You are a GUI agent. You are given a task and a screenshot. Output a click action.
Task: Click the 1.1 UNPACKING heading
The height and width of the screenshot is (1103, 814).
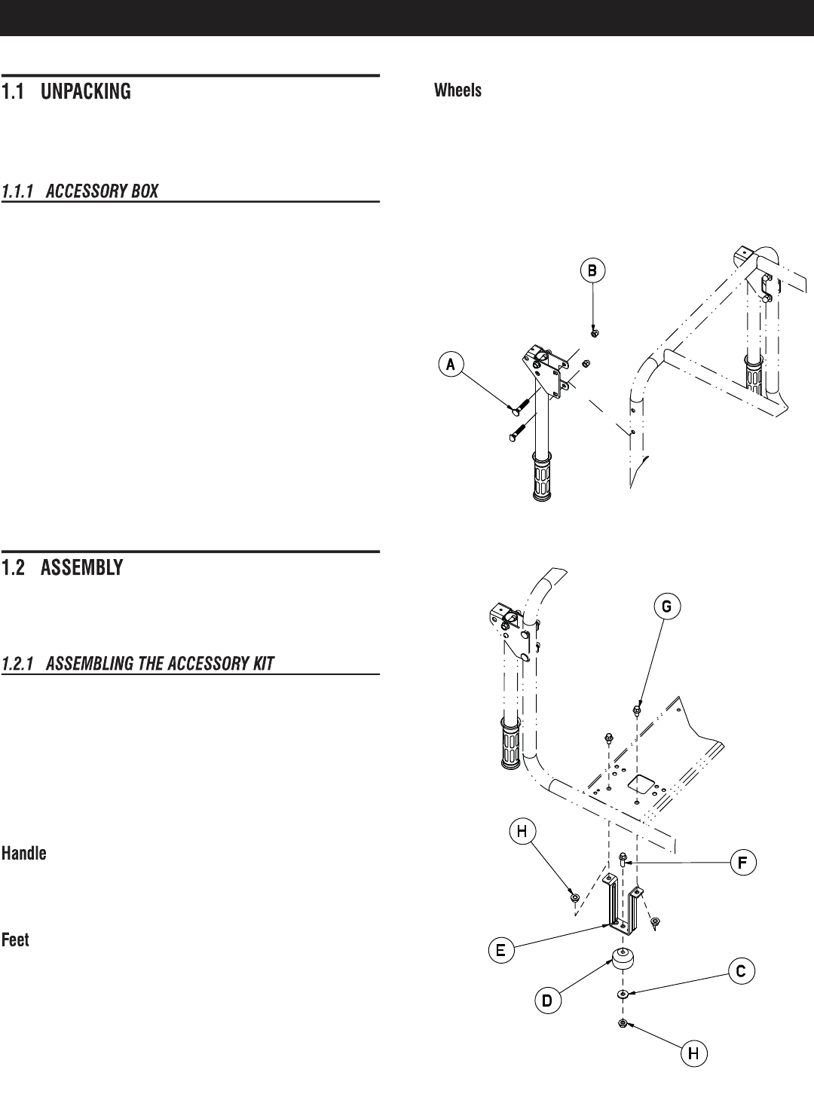coord(66,92)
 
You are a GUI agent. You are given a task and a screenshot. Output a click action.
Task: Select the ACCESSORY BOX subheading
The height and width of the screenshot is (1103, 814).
coord(80,191)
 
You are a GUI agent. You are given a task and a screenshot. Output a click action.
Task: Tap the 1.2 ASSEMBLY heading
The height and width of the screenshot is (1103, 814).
coord(63,568)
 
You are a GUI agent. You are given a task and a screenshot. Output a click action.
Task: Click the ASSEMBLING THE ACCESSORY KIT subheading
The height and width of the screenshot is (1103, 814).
coord(138,664)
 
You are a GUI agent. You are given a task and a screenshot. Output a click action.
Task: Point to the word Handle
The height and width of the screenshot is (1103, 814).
coord(24,854)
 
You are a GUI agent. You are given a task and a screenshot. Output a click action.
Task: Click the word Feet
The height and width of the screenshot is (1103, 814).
coord(16,940)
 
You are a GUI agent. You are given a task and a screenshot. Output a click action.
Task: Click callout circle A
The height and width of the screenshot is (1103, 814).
coord(451,365)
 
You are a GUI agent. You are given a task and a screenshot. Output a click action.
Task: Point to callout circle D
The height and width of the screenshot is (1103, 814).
coord(548,1001)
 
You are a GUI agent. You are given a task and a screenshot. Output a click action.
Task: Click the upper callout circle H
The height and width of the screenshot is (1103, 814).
coord(522,831)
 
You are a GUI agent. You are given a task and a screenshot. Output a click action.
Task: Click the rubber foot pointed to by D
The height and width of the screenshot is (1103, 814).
coord(623,962)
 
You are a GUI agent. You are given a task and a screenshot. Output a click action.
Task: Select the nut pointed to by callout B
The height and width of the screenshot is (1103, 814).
coord(595,332)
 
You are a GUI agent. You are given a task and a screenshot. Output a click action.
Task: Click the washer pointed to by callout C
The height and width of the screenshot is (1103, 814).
coord(623,995)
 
